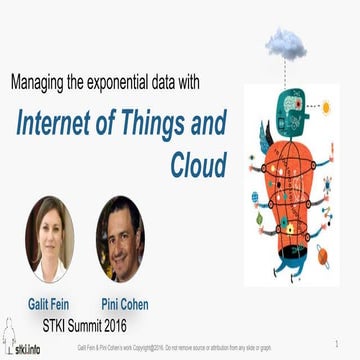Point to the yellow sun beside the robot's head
[x=326, y=107]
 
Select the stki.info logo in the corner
[x=21, y=340]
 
